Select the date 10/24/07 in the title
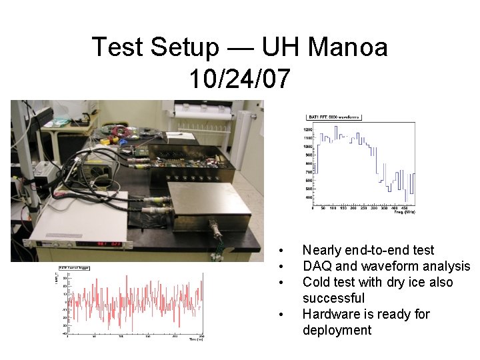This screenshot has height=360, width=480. pyautogui.click(x=239, y=79)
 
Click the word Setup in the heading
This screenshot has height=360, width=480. pyautogui.click(x=183, y=47)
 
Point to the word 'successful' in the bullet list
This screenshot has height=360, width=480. pyautogui.click(x=333, y=298)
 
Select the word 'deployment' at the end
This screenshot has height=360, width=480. pyautogui.click(x=337, y=330)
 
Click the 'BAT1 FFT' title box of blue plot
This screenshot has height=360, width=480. pyautogui.click(x=333, y=117)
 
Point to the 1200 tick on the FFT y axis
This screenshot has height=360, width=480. pyautogui.click(x=308, y=129)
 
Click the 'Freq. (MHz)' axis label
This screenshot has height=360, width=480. pyautogui.click(x=403, y=212)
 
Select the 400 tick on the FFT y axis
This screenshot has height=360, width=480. pyautogui.click(x=309, y=197)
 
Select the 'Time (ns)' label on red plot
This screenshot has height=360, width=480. pyautogui.click(x=193, y=340)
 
